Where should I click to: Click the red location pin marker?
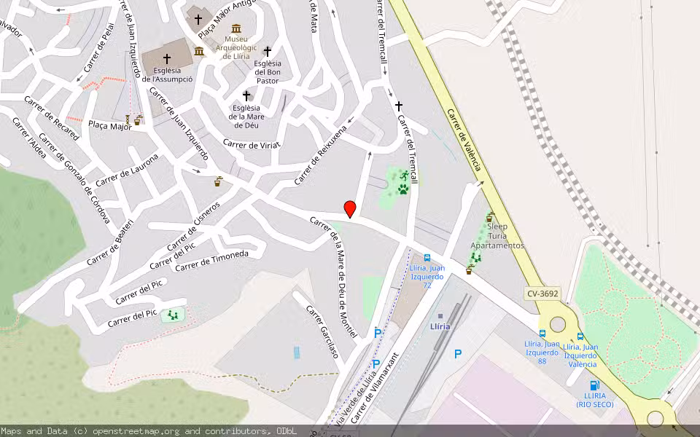click(350, 209)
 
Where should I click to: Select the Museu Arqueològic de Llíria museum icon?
click(236, 28)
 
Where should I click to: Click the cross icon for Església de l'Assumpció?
click(167, 58)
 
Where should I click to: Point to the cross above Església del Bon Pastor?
click(268, 52)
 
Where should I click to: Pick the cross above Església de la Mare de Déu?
click(246, 95)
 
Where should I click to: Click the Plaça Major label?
click(109, 126)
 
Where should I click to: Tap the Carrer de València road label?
click(464, 141)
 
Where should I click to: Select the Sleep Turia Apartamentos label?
click(497, 236)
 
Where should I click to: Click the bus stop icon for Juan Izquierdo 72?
click(427, 257)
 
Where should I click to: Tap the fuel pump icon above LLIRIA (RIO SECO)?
click(594, 385)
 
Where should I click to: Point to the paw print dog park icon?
click(403, 189)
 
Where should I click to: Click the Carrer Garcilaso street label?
click(322, 331)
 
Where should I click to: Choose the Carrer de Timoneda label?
click(212, 260)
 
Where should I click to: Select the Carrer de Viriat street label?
click(252, 144)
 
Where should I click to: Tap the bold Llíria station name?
click(440, 326)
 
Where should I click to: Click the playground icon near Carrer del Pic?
click(173, 315)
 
